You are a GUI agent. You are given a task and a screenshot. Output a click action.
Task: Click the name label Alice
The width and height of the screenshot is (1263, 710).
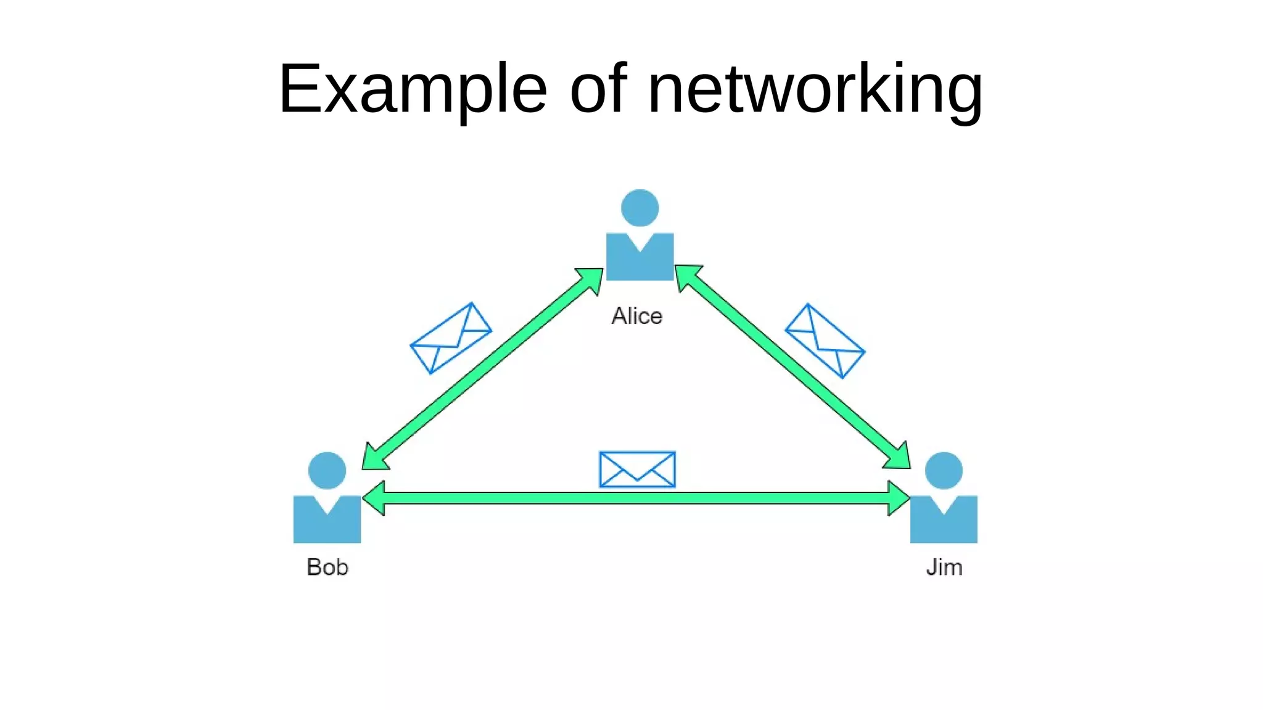point(636,316)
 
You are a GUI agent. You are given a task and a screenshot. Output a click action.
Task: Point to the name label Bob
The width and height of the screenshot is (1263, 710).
point(327,567)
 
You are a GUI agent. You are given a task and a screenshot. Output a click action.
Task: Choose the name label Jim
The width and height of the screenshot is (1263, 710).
point(944,567)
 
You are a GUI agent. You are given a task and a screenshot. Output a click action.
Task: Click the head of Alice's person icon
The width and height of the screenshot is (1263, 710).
point(640,208)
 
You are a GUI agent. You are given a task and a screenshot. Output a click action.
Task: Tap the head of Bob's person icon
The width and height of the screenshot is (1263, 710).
point(327,471)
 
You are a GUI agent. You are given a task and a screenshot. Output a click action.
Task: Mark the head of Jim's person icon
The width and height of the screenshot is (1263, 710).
point(944,471)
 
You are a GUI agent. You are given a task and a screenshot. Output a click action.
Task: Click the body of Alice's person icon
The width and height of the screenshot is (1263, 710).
point(640,262)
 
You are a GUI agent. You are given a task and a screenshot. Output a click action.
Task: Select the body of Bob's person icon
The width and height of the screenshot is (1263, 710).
point(327,524)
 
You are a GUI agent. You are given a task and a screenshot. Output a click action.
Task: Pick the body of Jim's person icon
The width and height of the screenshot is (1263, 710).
point(944,524)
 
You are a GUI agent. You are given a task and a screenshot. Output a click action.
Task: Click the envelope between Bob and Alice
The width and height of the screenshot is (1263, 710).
point(451,338)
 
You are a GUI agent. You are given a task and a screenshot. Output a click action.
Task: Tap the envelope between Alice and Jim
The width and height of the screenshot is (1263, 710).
point(825,341)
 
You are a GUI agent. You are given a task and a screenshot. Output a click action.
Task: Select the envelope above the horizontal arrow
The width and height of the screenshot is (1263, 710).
point(637,469)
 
